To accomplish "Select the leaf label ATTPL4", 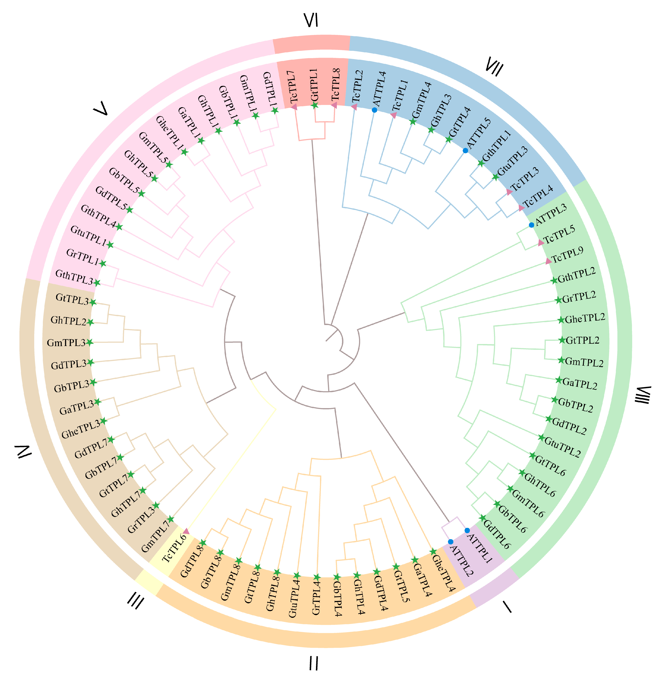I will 379,89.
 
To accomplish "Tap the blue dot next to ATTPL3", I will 531,225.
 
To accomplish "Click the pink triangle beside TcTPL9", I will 548,261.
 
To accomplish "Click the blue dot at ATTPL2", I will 451,542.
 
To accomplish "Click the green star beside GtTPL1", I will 315,105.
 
